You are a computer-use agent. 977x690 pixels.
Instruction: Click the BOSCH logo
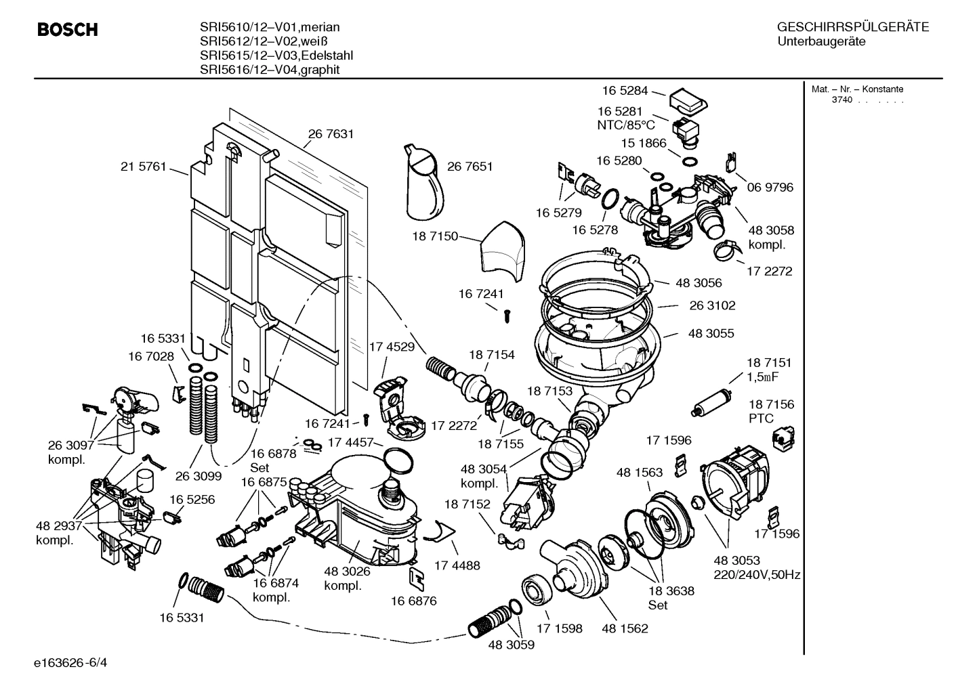(67, 30)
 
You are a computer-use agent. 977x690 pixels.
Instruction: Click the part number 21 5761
(143, 167)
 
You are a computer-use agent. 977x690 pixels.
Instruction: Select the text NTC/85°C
(625, 125)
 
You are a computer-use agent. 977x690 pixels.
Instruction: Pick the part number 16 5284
(625, 90)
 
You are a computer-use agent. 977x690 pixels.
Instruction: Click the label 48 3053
(736, 560)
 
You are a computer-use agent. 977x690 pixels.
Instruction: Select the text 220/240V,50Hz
(757, 575)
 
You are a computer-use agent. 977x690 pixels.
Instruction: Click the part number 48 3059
(511, 645)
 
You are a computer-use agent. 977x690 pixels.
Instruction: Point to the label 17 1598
(559, 628)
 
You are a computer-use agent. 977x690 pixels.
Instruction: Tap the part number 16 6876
(413, 601)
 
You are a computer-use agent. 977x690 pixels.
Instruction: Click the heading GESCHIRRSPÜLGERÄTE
(852, 28)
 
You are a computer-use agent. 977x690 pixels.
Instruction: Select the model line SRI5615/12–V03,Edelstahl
(276, 56)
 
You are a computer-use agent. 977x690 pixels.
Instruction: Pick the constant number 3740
(842, 100)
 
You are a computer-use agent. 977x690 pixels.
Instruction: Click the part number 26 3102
(712, 305)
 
